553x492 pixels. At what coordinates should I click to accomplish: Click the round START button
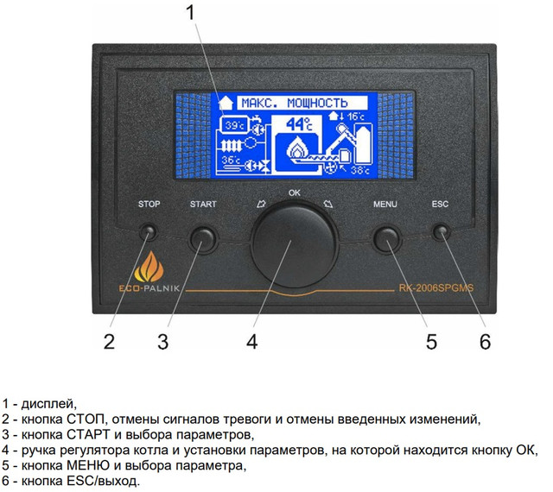tap(202, 240)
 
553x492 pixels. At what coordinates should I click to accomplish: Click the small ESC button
tap(441, 232)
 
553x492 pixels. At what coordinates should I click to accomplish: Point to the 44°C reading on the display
tap(299, 124)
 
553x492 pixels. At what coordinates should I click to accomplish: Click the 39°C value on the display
tap(234, 125)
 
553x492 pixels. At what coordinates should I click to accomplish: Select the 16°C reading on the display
tap(356, 117)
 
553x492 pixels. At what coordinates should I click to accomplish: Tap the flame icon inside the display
tap(297, 149)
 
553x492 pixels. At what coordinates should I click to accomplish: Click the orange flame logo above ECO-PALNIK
tap(149, 267)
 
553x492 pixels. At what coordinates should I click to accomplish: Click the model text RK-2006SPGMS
tap(435, 288)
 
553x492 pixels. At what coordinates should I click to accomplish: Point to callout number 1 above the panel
tap(190, 12)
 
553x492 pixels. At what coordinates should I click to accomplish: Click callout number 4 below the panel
tap(251, 342)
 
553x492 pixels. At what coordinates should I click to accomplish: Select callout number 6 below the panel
tap(485, 342)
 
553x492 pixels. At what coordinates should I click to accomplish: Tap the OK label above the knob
tap(295, 192)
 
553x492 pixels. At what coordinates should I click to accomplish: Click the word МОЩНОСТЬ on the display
tap(317, 103)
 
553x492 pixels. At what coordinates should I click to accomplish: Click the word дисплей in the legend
tap(49, 404)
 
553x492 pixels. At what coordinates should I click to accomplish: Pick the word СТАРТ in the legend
tap(88, 434)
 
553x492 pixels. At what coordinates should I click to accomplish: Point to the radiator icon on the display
tap(231, 145)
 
